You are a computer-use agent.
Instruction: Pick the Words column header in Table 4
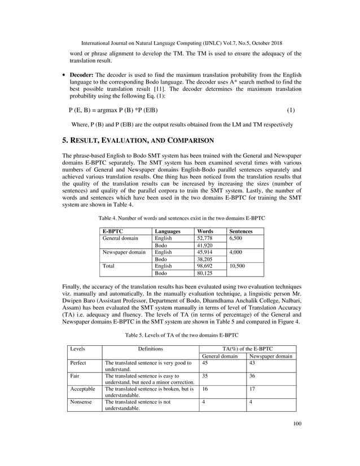(x=204, y=231)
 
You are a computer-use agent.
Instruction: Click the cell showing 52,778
(x=204, y=239)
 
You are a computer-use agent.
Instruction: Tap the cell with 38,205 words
(x=204, y=260)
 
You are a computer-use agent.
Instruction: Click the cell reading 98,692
(x=204, y=266)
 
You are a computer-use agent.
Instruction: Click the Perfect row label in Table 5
(x=80, y=363)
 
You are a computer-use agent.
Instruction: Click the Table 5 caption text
(x=179, y=335)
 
